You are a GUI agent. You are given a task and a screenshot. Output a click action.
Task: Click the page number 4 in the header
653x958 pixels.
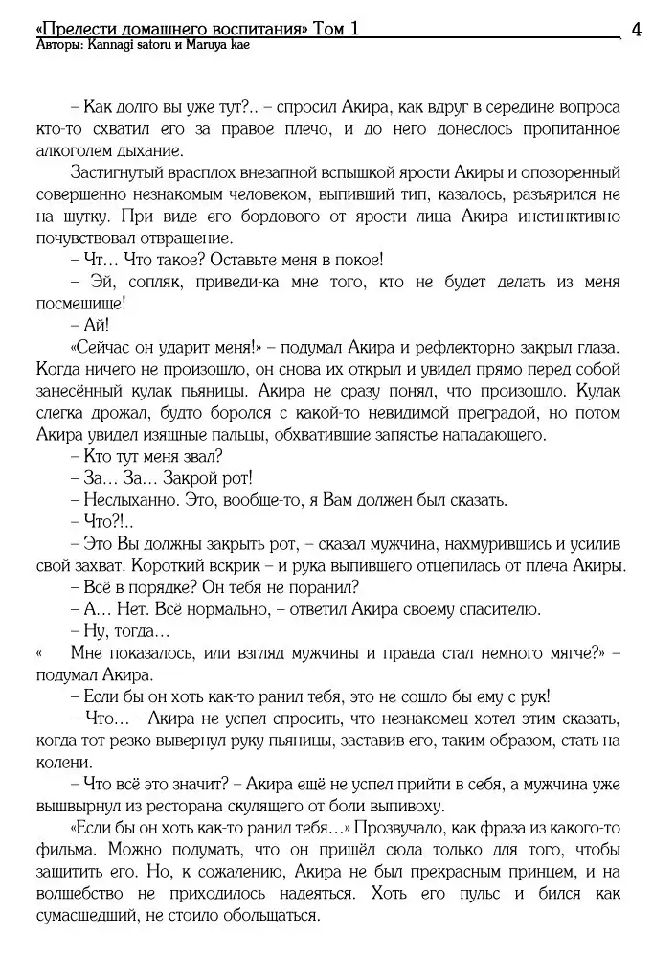coord(637,30)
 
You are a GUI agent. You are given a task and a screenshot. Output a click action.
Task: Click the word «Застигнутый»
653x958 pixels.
coord(123,172)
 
